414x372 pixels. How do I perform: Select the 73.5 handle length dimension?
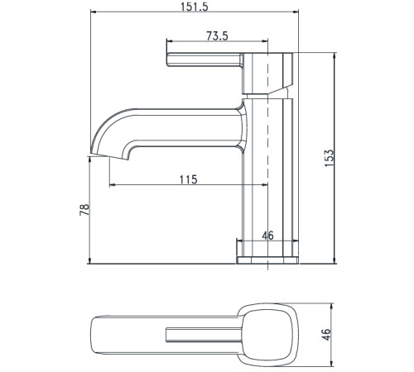tap(217, 35)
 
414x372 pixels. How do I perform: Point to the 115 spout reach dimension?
tap(188, 179)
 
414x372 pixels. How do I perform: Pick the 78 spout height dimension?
tap(84, 210)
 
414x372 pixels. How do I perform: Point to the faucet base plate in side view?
tap(267, 260)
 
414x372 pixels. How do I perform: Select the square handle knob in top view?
tap(267, 332)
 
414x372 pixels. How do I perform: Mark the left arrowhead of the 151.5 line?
tap(91, 13)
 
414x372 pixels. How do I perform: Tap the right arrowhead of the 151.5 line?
tap(296, 13)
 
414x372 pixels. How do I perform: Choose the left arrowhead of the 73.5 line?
tap(170, 42)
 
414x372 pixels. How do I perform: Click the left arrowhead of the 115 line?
tap(108, 186)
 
